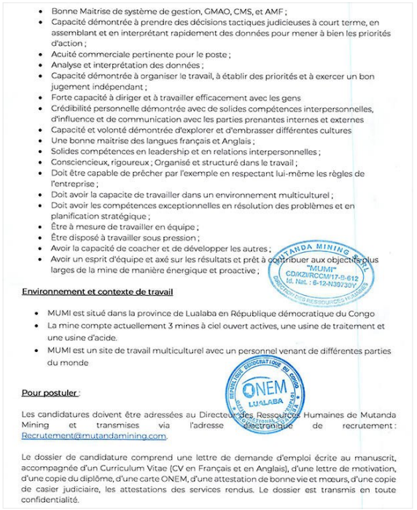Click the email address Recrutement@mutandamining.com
tap(94, 436)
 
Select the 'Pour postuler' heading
tap(50, 393)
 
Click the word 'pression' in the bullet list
tap(179, 238)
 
